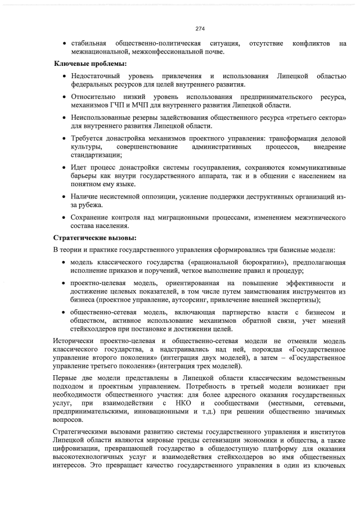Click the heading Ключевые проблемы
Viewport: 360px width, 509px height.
coord(90,64)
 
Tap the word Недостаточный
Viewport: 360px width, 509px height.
coord(97,76)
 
